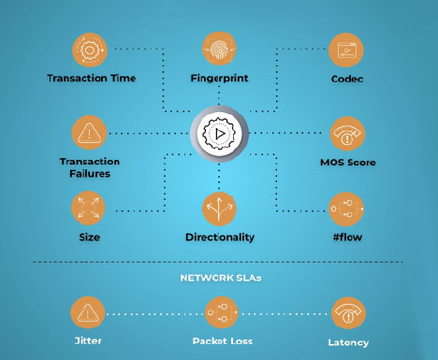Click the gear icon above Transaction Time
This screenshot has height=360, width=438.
tap(90, 50)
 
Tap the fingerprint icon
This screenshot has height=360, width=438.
tap(219, 49)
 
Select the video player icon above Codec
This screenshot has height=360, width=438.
tap(346, 50)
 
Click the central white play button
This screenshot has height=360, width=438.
tap(219, 134)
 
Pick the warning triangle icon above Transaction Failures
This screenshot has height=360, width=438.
tap(89, 133)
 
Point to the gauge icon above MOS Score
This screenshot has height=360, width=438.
tap(347, 134)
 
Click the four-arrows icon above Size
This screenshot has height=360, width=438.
tap(89, 209)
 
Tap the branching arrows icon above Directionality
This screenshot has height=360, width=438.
tap(219, 209)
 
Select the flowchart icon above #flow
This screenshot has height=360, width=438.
tap(346, 209)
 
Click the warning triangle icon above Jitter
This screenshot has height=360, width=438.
tap(88, 312)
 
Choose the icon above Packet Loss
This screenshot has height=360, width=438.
tap(222, 312)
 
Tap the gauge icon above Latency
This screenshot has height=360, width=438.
tap(348, 313)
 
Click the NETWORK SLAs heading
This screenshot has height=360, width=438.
tap(221, 278)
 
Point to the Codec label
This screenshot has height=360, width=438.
tap(347, 79)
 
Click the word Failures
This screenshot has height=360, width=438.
tap(90, 174)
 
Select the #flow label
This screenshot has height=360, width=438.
tap(347, 238)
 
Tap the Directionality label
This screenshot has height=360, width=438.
tap(220, 238)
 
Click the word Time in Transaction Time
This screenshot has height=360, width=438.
tap(124, 78)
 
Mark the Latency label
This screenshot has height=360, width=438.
tap(348, 342)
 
